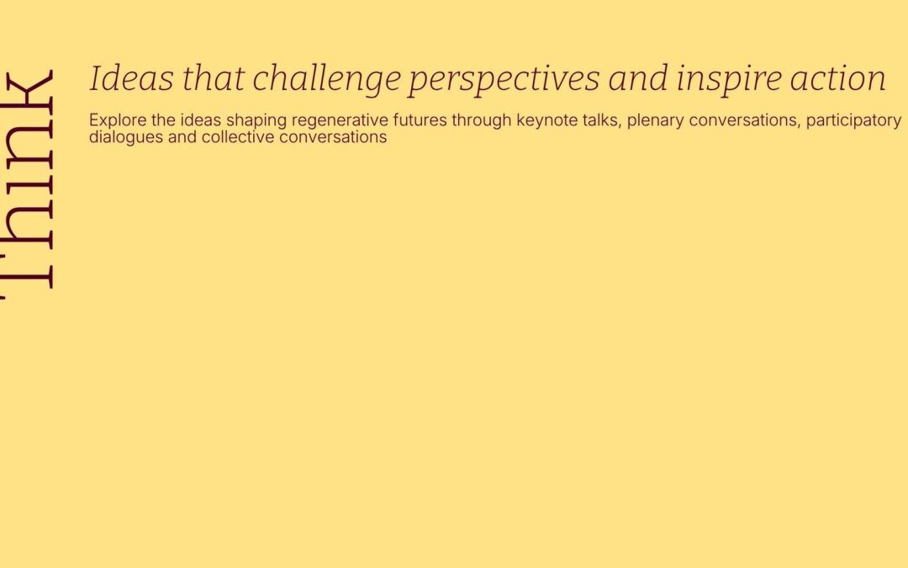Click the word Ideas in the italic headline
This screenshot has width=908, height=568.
click(x=131, y=78)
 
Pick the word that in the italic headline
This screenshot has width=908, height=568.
click(x=213, y=78)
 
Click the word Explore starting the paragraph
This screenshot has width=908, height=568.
click(x=118, y=120)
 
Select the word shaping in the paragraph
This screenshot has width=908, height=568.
click(x=256, y=121)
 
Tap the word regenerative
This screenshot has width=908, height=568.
click(x=340, y=121)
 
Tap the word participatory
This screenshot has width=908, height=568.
click(x=853, y=121)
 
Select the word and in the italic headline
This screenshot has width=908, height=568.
click(x=638, y=79)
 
